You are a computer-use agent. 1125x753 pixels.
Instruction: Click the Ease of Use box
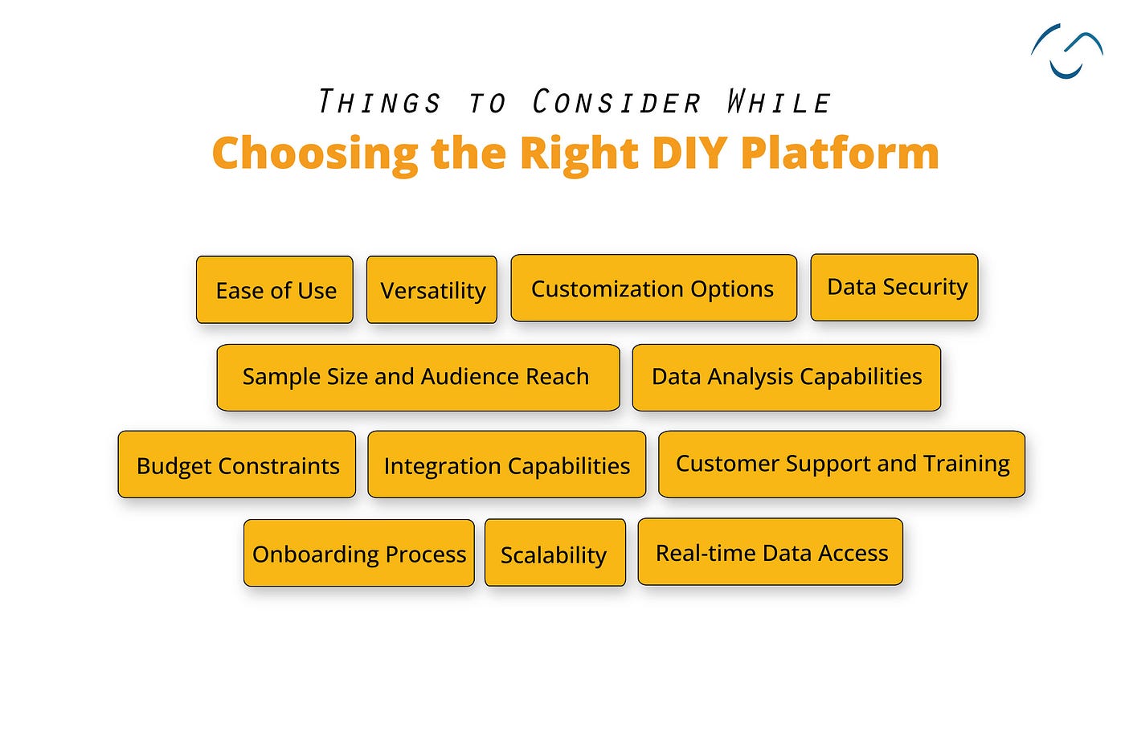(275, 290)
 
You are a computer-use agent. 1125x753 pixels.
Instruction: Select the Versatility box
(432, 290)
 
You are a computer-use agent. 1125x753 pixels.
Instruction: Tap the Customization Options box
(654, 288)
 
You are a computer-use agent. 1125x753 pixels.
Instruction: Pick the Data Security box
(894, 288)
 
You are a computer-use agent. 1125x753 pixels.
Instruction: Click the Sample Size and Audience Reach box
(419, 378)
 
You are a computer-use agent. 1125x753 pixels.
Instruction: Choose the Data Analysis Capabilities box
(787, 378)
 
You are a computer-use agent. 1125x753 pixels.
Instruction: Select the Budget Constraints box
(237, 464)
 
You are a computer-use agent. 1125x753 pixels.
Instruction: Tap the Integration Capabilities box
(507, 464)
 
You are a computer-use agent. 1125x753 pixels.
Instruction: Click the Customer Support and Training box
(842, 464)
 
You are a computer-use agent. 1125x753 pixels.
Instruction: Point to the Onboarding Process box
(359, 553)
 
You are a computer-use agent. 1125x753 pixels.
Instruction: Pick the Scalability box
(555, 553)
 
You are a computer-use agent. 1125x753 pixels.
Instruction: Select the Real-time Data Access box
(771, 551)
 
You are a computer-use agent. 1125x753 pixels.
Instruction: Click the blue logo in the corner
(1067, 51)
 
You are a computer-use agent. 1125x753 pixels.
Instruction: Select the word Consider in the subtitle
(616, 101)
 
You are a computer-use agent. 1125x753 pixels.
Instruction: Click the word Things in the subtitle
(379, 101)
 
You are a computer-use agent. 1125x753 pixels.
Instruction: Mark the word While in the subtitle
(778, 101)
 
